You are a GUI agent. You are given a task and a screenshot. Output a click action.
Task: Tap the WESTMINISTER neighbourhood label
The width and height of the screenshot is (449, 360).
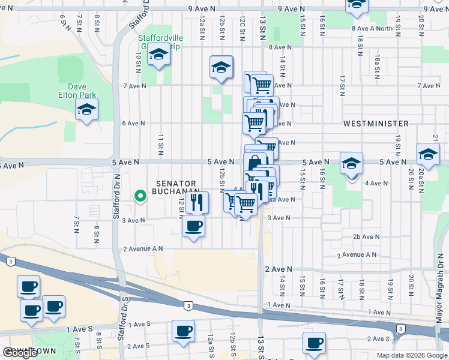coord(376,124)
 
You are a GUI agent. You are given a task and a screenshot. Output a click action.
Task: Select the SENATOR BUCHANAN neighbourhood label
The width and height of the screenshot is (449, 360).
coord(176,187)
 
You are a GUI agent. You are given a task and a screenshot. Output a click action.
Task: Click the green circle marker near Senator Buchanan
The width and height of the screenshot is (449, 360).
coord(140,196)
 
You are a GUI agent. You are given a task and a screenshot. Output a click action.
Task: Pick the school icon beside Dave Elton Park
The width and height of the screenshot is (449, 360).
coord(87,110)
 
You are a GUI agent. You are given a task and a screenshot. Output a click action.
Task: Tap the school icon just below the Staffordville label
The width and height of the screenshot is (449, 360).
coord(158,55)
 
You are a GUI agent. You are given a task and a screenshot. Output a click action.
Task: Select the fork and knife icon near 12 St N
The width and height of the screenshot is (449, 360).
coord(197,203)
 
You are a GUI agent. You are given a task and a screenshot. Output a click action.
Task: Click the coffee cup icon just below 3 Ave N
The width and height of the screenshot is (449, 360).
coord(193,227)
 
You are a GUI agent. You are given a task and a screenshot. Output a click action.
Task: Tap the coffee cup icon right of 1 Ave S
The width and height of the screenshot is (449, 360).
coord(183,331)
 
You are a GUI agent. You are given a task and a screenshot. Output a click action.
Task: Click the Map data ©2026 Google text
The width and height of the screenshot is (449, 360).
coord(411,355)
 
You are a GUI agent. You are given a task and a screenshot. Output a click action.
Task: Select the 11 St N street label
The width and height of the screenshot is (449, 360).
coord(161,143)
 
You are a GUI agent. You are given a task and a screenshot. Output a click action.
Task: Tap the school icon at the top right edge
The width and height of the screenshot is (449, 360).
coord(356,6)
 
